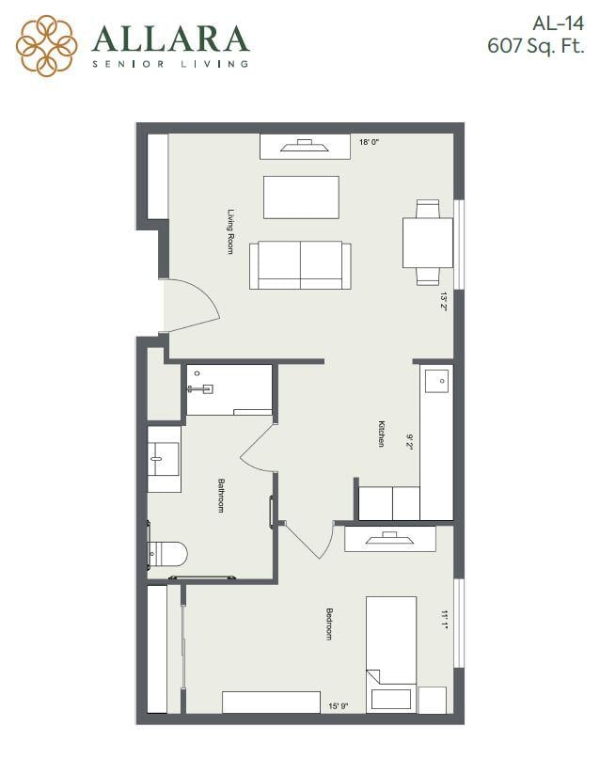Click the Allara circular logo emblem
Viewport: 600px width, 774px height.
46,45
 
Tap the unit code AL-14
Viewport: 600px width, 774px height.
558,24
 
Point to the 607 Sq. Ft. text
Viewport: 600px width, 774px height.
536,46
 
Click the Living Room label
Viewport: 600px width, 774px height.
230,231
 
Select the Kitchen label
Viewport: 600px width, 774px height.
382,434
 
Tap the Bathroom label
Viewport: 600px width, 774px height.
221,495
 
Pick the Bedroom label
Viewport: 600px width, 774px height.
329,624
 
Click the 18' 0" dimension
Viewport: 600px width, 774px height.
369,142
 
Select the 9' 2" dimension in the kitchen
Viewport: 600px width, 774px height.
409,442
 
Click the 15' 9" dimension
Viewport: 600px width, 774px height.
339,706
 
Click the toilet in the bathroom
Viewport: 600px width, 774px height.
166,554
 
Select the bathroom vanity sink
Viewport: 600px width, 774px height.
164,459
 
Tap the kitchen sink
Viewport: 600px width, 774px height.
436,381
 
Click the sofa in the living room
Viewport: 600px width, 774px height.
300,265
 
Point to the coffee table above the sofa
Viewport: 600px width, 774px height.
301,197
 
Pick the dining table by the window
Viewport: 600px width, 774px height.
428,243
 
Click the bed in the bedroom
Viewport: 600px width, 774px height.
391,655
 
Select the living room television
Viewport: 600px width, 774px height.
305,147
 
